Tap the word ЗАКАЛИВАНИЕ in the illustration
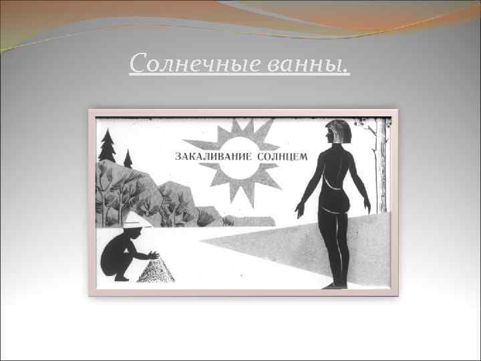[x=213, y=156]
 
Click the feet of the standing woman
[x=333, y=285]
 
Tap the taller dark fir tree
[x=106, y=145]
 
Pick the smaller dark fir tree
[x=128, y=159]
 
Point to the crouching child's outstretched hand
[x=154, y=255]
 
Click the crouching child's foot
[x=120, y=277]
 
